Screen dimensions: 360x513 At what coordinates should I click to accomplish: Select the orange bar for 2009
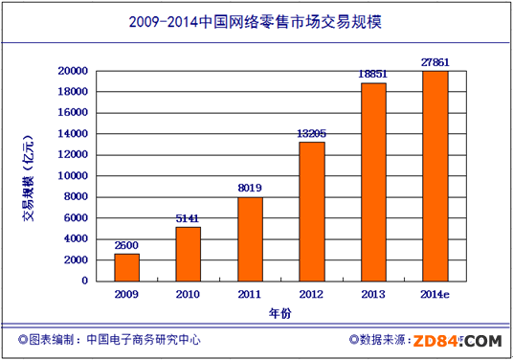point(127,267)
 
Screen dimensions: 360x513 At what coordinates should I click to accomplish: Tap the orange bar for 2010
point(189,254)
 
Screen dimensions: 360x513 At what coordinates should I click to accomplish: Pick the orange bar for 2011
point(250,238)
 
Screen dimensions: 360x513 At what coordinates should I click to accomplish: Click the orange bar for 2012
point(311,212)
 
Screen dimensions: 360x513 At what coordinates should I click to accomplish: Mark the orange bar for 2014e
point(435,175)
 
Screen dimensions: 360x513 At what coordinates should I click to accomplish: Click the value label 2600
point(127,245)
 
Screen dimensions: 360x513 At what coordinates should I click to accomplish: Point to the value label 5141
point(189,218)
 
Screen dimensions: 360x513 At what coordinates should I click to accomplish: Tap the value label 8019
point(250,189)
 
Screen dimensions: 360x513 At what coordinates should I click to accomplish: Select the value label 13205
point(312,134)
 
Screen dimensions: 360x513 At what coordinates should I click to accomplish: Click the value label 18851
point(373,75)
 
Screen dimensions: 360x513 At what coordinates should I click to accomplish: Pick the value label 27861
point(435,62)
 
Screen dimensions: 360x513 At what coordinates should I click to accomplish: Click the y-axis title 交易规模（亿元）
point(30,176)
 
